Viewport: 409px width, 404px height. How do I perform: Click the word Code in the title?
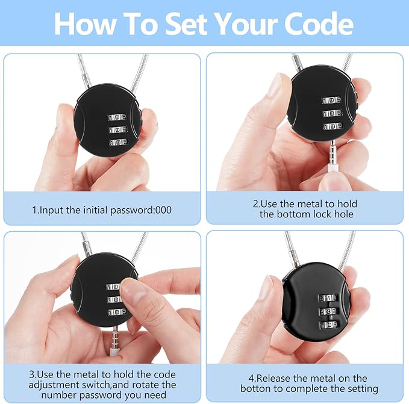[319, 24]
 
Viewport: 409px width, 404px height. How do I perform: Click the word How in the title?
[86, 24]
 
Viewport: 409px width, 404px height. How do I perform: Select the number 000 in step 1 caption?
[164, 210]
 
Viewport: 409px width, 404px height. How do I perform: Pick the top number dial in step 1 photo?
[117, 117]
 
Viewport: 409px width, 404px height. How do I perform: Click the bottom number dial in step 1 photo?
[119, 142]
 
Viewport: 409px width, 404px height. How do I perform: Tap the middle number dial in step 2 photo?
[333, 113]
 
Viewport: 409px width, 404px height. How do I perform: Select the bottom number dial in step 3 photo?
[117, 311]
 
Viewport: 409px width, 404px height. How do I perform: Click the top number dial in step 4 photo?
[328, 298]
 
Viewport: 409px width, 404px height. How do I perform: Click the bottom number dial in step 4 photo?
[329, 325]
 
